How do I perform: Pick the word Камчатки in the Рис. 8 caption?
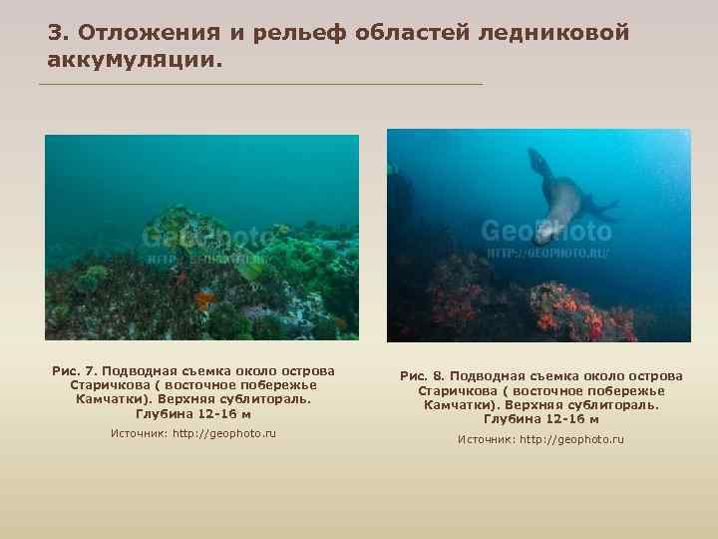click(455, 405)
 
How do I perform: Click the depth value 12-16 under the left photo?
click(212, 413)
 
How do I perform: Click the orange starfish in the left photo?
click(204, 296)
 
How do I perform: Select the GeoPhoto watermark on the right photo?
click(545, 233)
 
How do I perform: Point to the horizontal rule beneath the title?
click(259, 84)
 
